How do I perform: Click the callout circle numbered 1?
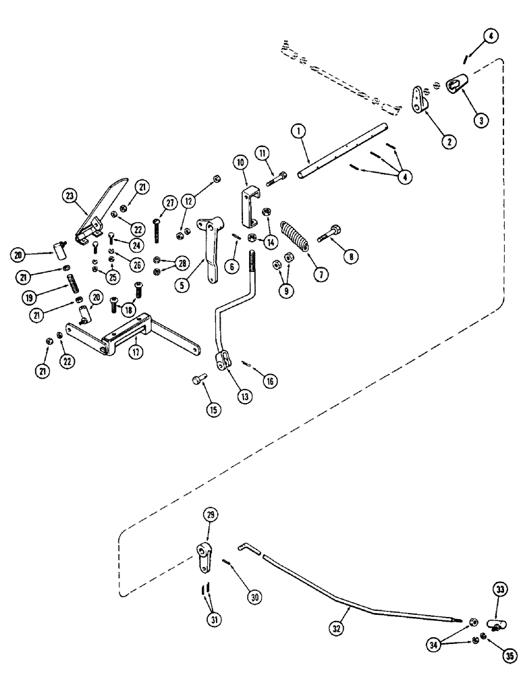click(296, 132)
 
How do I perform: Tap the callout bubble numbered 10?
click(241, 163)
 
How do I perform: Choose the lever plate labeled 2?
click(420, 99)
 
